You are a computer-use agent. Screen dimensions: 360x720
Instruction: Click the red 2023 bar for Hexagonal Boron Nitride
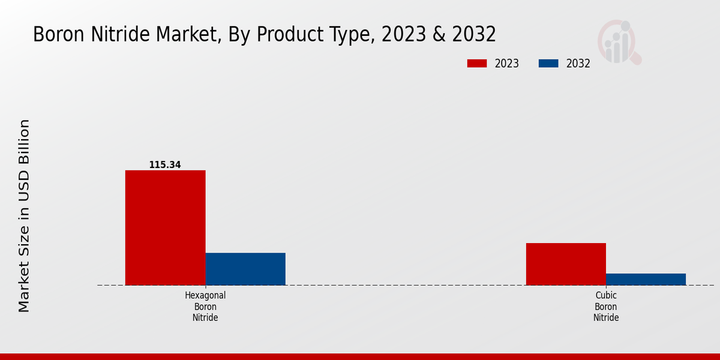tap(165, 227)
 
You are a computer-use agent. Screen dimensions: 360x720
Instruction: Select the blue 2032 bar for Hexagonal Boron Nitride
tap(245, 269)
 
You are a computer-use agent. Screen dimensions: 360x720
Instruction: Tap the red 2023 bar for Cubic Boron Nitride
tap(566, 264)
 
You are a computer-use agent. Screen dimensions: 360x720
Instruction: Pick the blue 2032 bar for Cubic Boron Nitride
tap(646, 279)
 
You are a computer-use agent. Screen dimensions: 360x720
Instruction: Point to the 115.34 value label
tap(165, 164)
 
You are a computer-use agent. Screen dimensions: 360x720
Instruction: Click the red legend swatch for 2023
tap(477, 64)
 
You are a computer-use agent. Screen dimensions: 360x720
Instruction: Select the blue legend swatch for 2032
tap(548, 64)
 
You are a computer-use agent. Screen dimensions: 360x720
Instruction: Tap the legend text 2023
tap(507, 64)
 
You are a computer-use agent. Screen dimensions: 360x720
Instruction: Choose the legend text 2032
tap(578, 64)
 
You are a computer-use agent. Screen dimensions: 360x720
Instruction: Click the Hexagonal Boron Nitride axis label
tap(205, 307)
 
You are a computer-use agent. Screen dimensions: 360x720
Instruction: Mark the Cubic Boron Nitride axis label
tap(606, 307)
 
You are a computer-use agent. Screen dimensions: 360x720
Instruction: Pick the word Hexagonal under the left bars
tap(205, 295)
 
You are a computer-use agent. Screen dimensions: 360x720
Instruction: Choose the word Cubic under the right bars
tap(606, 295)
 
